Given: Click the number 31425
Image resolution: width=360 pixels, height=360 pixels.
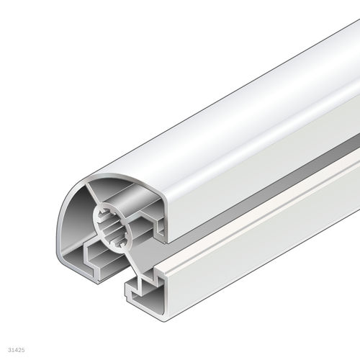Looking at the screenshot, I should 13,351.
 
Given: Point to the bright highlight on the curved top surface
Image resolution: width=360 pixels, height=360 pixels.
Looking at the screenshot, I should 238,94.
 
